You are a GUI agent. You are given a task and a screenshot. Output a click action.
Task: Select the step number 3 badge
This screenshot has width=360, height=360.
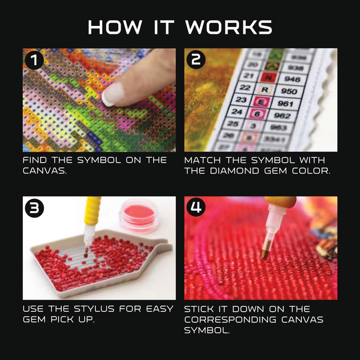(35, 209)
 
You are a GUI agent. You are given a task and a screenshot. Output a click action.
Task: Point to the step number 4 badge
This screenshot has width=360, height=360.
(196, 209)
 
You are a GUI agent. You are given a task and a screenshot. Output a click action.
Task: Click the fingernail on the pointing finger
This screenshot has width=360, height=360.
(113, 97)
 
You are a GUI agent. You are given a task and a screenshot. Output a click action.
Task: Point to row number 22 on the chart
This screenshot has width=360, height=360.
(245, 87)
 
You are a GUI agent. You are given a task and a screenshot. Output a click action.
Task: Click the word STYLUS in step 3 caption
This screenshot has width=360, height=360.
(95, 309)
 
